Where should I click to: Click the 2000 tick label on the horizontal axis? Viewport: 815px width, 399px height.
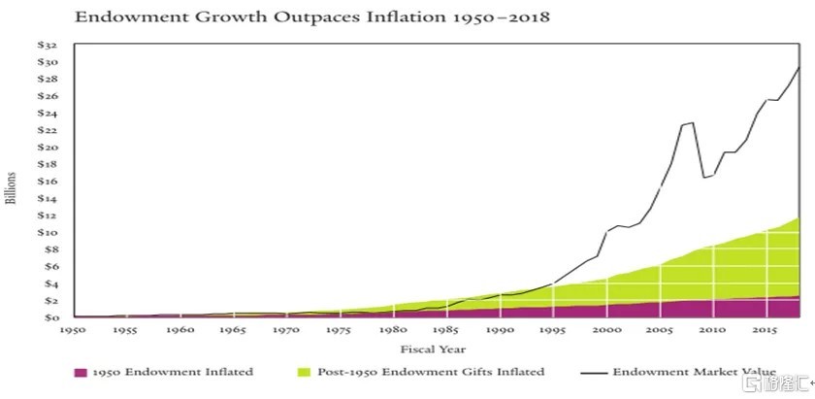pyautogui.click(x=606, y=331)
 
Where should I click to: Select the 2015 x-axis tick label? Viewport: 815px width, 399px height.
pyautogui.click(x=765, y=331)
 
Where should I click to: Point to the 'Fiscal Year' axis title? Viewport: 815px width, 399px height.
pyautogui.click(x=433, y=349)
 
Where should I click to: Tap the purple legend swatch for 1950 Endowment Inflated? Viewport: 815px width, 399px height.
pyautogui.click(x=81, y=372)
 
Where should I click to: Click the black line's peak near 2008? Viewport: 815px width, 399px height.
pyautogui.click(x=692, y=122)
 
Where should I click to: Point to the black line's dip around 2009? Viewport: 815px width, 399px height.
pyautogui.click(x=704, y=178)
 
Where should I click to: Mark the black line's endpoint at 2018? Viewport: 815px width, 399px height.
pyautogui.click(x=799, y=66)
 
